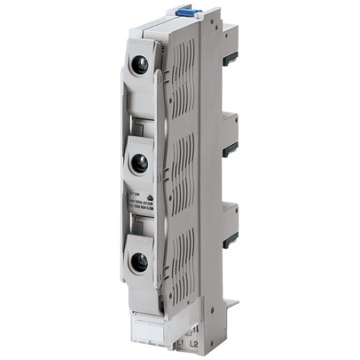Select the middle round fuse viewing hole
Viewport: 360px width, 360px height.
pos(139,165)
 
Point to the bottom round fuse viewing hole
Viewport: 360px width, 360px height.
pos(139,261)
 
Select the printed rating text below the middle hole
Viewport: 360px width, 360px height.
pos(142,198)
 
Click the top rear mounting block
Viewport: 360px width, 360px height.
pos(229,40)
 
